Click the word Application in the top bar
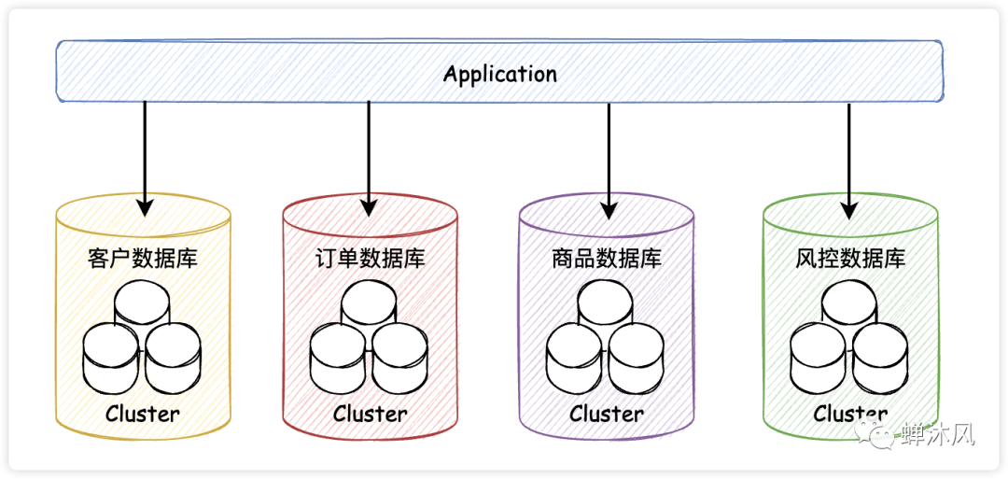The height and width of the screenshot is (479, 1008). [499, 74]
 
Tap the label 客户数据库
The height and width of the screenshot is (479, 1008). [143, 259]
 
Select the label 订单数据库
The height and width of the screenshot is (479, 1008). [371, 259]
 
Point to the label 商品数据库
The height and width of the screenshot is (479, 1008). [607, 259]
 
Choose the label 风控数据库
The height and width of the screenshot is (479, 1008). [850, 259]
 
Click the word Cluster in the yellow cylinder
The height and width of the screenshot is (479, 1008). [143, 413]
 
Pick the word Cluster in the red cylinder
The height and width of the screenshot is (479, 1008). [371, 413]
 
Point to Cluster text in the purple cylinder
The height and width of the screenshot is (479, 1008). [607, 413]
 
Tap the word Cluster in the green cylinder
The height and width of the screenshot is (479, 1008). [850, 413]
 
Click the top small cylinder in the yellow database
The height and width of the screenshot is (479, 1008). [143, 303]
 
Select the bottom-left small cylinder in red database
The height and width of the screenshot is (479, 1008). [338, 357]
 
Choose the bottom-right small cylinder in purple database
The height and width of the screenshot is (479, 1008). [637, 357]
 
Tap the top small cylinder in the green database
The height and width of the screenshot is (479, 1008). [850, 303]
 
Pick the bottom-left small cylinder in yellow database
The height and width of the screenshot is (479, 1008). [111, 357]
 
